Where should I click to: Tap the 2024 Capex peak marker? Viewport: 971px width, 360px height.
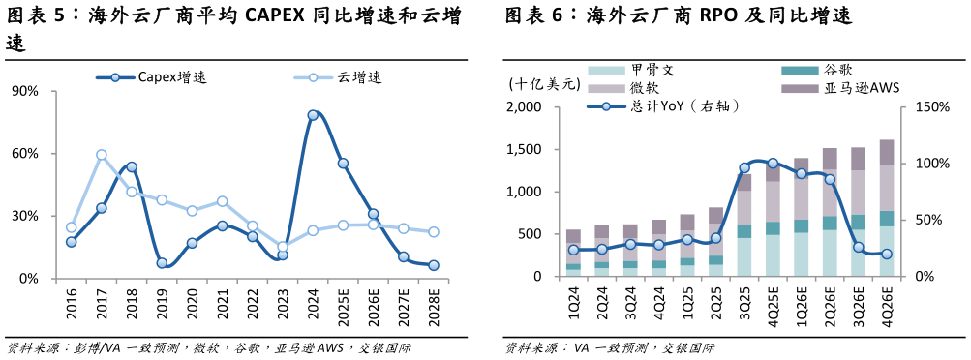coord(313,115)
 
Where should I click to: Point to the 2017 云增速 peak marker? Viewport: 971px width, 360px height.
coord(102,155)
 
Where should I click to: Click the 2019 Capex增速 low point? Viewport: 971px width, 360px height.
coord(162,263)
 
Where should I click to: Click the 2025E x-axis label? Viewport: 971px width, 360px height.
coord(344,311)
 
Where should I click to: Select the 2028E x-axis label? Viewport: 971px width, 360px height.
coord(434,311)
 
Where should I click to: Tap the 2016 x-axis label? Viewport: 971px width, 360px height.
coord(72,308)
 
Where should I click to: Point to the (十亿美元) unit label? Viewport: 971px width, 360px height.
coord(544,84)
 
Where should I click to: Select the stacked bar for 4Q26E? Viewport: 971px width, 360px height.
coord(886,208)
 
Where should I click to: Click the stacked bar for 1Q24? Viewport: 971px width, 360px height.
coord(573,253)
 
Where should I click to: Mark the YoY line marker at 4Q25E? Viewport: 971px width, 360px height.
coord(773,164)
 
